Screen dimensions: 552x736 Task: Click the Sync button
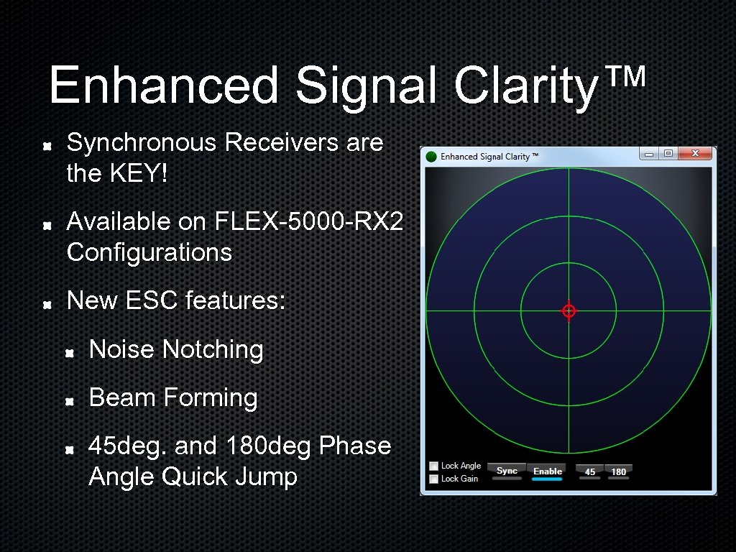(507, 471)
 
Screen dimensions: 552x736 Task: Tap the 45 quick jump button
(590, 471)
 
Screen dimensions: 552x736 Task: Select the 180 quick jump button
(618, 471)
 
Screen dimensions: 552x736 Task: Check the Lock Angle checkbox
(433, 466)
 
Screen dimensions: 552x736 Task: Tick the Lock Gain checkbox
(433, 479)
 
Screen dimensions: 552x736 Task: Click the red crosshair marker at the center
(569, 310)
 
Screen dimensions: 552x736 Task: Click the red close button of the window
(695, 154)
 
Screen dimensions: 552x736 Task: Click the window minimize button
(649, 154)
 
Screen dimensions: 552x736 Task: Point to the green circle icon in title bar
(431, 157)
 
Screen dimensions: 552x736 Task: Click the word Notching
(213, 350)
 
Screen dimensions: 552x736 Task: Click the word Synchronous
(142, 143)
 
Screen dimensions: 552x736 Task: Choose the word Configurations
(149, 253)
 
